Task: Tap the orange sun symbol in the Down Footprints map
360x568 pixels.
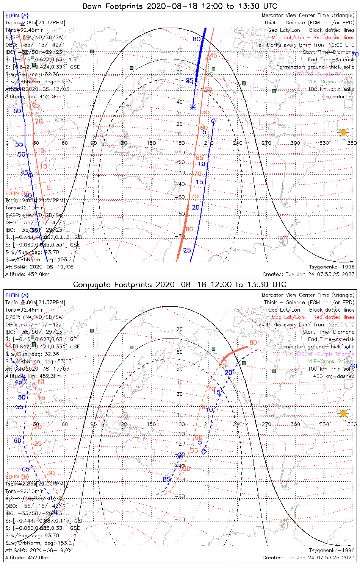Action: click(343, 132)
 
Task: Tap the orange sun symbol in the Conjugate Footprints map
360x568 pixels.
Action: click(343, 413)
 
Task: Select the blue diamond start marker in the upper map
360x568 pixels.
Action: click(213, 121)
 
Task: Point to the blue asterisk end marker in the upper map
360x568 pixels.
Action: click(193, 108)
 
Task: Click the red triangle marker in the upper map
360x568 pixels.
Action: click(208, 58)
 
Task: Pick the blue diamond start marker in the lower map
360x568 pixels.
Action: click(204, 451)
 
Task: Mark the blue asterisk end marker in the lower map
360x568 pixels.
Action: click(180, 456)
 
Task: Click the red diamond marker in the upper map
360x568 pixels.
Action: click(46, 218)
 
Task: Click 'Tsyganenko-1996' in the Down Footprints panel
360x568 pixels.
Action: click(332, 267)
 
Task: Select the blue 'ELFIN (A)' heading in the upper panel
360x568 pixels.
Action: click(17, 16)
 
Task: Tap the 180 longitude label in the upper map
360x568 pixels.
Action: click(180, 143)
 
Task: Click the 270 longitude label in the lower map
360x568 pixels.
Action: click(266, 424)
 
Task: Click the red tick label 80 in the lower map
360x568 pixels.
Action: click(253, 343)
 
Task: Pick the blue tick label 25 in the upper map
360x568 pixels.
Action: click(187, 250)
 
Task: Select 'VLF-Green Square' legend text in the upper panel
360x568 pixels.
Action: click(331, 82)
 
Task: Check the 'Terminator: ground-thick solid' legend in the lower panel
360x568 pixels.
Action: click(315, 347)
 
